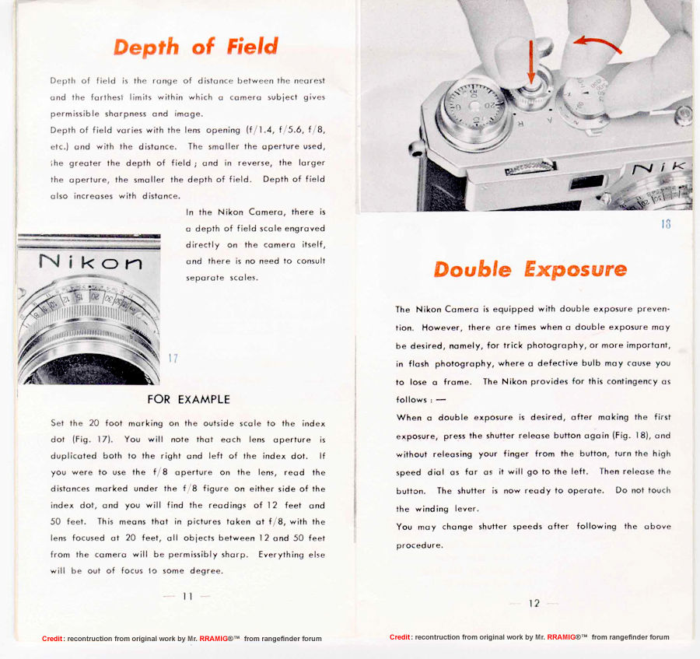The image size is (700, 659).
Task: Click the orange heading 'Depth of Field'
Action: tap(195, 47)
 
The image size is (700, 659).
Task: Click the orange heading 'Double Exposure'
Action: tap(530, 270)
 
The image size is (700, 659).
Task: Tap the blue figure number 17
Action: tap(173, 359)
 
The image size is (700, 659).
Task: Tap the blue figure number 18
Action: tap(665, 224)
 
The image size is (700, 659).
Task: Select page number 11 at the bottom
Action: tap(187, 597)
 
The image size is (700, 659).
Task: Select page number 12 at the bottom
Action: tap(534, 604)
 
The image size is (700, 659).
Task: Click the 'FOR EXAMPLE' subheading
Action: tap(188, 399)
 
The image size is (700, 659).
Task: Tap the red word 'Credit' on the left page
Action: tap(53, 639)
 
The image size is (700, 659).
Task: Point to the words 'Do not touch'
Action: tap(642, 490)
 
